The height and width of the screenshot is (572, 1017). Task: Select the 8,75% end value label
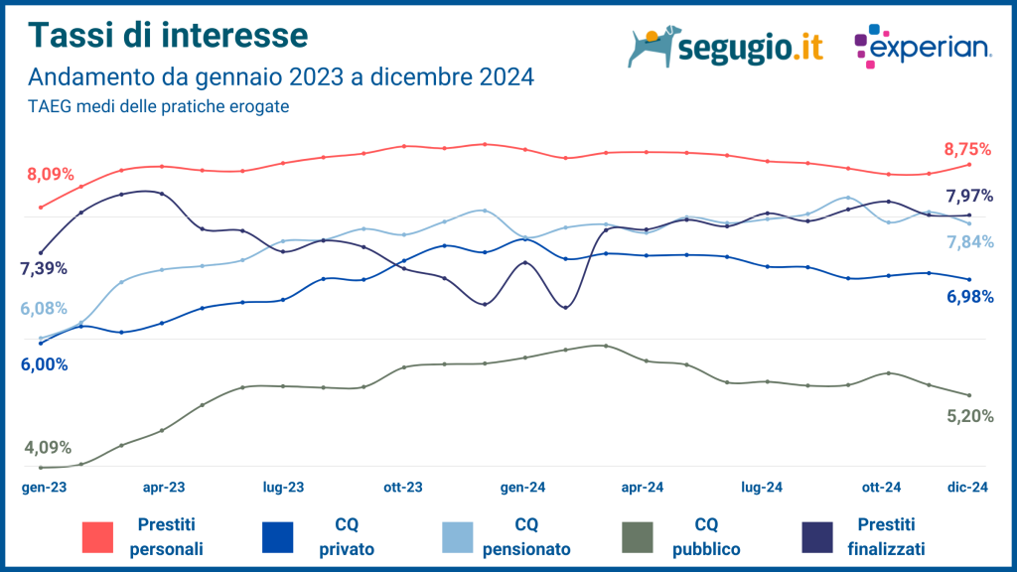tap(967, 149)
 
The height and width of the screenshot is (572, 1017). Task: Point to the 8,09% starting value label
tap(51, 175)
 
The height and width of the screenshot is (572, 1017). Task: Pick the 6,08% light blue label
tap(44, 309)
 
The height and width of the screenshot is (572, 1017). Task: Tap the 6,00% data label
tap(44, 364)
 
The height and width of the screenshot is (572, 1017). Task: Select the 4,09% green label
tap(48, 448)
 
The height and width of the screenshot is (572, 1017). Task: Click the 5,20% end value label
tap(969, 417)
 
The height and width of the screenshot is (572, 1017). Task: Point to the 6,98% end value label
tap(969, 296)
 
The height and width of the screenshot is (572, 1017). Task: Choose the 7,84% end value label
tap(969, 242)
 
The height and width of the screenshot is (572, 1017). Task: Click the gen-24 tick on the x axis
tap(522, 488)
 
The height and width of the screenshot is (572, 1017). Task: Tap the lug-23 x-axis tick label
tap(283, 488)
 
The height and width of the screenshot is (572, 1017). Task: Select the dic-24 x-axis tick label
tap(965, 488)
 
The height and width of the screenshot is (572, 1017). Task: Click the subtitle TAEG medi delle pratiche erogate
tap(158, 106)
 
